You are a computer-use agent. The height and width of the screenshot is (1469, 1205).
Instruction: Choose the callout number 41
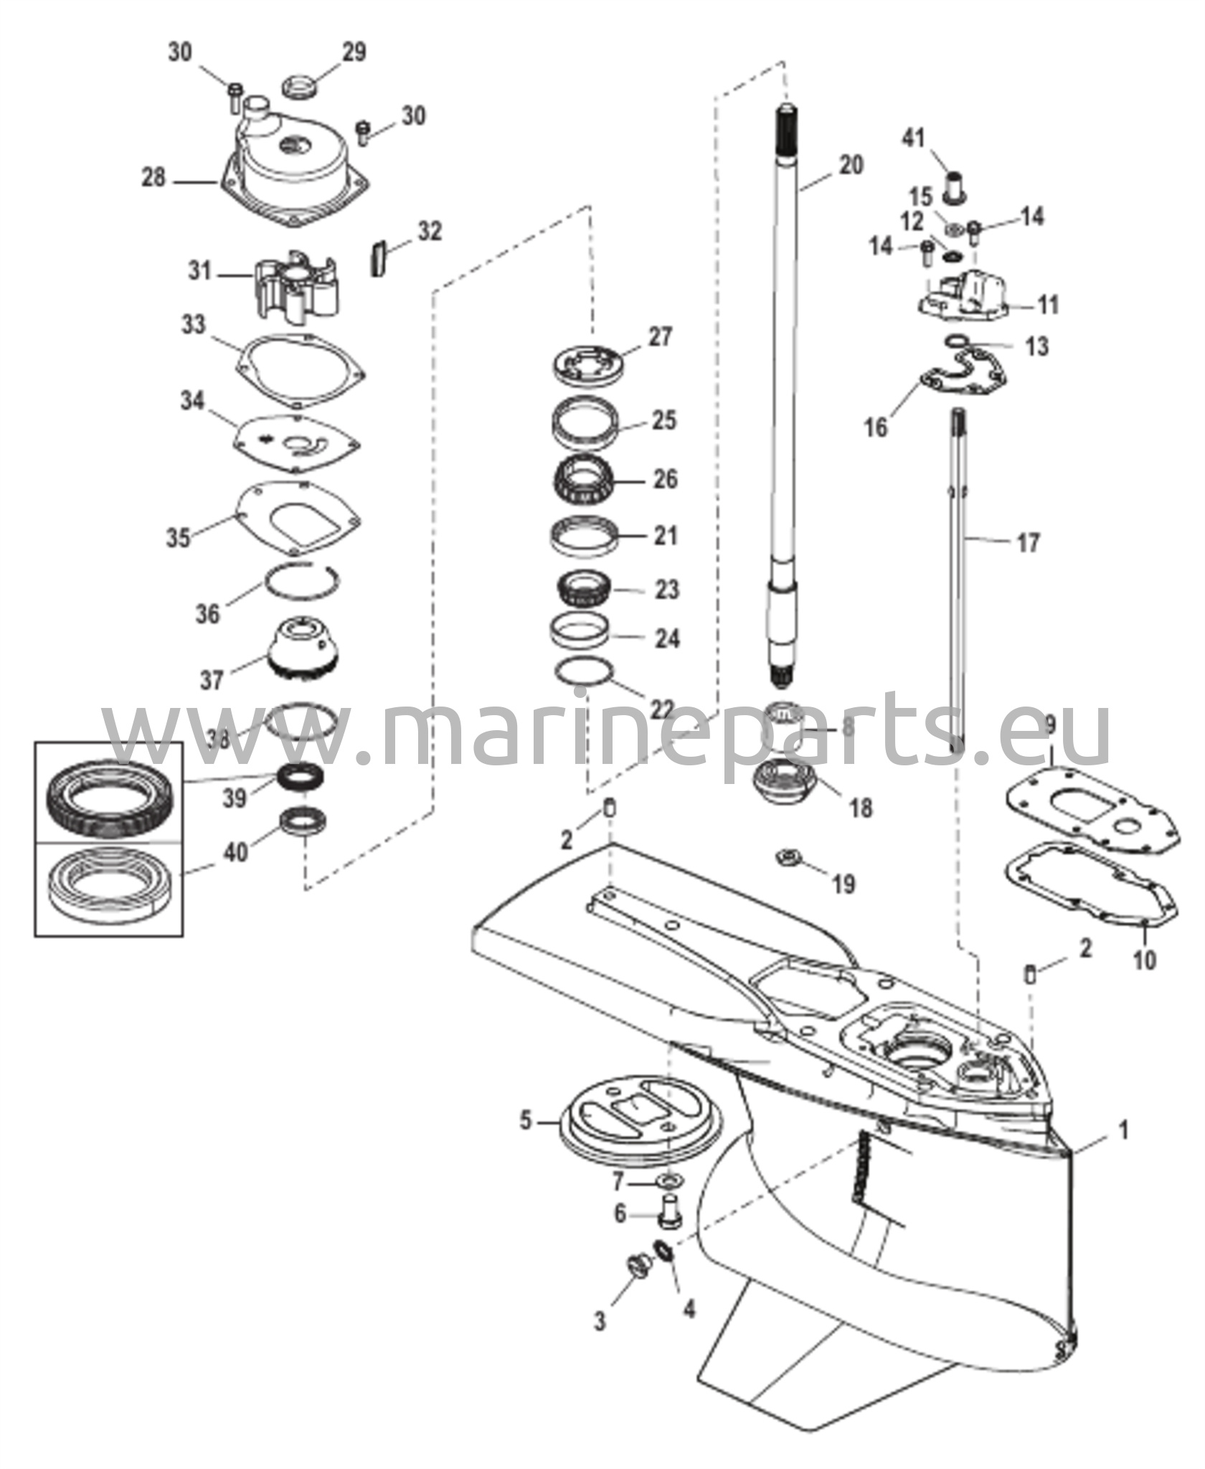[913, 136]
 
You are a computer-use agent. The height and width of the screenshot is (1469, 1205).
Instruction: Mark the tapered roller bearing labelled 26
[588, 477]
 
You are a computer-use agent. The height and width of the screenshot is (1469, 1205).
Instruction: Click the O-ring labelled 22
[586, 671]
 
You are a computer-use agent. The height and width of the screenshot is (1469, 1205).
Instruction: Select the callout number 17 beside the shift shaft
[1028, 542]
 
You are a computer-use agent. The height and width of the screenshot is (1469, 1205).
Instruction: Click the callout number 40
[236, 851]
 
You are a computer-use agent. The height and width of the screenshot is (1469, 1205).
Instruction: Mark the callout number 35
[179, 537]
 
